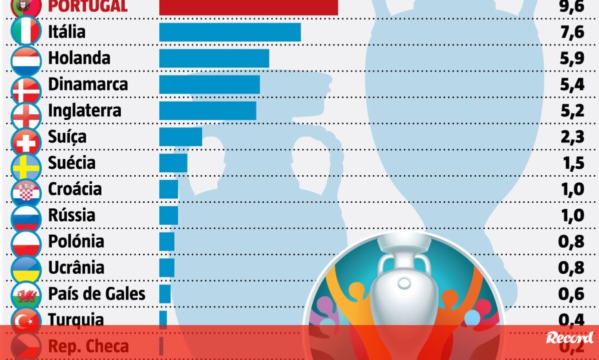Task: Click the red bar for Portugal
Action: pos(248,6)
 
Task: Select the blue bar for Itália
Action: pos(230,32)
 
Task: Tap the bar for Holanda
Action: pos(214,58)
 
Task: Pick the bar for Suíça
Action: pos(180,136)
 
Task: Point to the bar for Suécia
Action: pos(173,163)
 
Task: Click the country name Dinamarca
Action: pos(88,84)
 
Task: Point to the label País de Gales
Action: pos(96,294)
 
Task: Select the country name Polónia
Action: pos(76,241)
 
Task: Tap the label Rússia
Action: pos(71,215)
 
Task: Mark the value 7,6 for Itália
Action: pos(572,32)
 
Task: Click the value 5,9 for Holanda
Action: pos(572,58)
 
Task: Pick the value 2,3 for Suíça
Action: pos(572,136)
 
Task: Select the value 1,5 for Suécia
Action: pos(572,163)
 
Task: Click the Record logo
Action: pos(570,338)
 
